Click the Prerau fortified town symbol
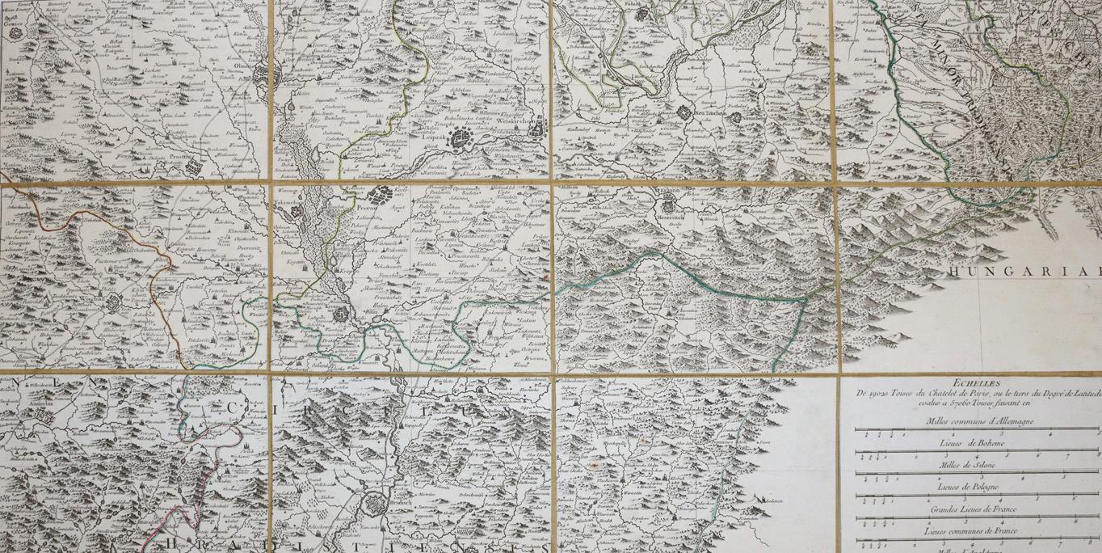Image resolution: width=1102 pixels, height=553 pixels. pyautogui.click(x=377, y=194)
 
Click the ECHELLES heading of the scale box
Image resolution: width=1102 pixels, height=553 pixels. pyautogui.click(x=970, y=384)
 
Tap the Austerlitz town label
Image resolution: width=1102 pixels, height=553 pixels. pyautogui.click(x=36, y=399)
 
